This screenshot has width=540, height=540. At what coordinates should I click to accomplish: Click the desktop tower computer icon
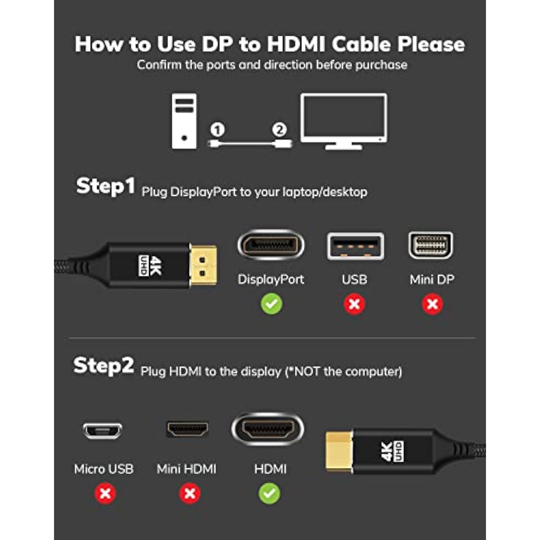pos(184,121)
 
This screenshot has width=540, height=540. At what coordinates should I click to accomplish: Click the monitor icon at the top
pos(344,121)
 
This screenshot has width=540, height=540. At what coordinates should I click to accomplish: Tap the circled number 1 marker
pos(217,130)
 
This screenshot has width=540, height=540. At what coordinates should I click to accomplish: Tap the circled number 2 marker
pos(279,130)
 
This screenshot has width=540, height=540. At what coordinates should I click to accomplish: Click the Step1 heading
pos(105,186)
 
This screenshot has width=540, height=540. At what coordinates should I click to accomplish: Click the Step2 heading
pos(103,366)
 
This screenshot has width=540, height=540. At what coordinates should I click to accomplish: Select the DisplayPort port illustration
pos(271,245)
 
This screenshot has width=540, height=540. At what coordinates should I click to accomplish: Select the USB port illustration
pos(355,246)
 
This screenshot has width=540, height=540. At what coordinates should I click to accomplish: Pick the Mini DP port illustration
pos(431,245)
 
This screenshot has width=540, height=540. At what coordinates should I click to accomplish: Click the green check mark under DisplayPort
pos(271,304)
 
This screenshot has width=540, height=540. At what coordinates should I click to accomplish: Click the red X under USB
pos(354,304)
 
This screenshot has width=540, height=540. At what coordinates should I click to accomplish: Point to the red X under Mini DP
pos(432,304)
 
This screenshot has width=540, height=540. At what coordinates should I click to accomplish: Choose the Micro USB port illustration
pos(103,430)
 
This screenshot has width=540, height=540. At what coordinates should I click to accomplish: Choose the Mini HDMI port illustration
pos(187,429)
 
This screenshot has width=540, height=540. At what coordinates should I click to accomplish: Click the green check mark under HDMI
pos(269,494)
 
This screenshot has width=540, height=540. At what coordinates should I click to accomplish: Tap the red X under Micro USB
pos(105,494)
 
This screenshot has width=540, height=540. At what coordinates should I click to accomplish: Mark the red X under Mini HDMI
pos(190,494)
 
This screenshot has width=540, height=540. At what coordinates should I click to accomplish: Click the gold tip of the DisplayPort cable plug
pos(203,265)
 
